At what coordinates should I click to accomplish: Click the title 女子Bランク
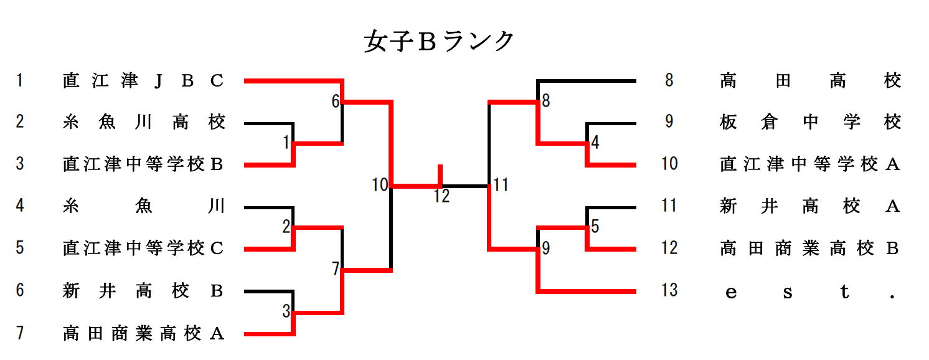tap(439, 42)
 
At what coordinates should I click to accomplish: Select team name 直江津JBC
tap(143, 81)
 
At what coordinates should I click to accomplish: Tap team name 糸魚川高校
tap(143, 123)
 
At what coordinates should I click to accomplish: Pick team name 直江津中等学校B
tap(143, 164)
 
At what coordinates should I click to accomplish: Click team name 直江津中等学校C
tap(143, 249)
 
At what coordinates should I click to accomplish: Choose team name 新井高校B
tap(143, 291)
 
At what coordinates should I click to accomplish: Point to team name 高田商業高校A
tap(143, 334)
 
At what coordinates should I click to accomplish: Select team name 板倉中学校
tap(810, 123)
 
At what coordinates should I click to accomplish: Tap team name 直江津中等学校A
tap(810, 164)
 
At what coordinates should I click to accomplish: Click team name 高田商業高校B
tap(810, 249)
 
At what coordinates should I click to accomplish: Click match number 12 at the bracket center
tap(441, 197)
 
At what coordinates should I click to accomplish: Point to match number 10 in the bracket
tap(380, 184)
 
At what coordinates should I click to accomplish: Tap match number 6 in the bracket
tap(335, 101)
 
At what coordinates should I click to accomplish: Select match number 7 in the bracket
tap(335, 269)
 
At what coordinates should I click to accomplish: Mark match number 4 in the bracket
tap(595, 143)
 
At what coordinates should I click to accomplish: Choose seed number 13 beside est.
tap(669, 290)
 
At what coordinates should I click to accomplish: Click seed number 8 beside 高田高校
tap(669, 80)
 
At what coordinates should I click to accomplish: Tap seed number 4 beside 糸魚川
tap(20, 206)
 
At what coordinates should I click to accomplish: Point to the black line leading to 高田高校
tap(585, 80)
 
